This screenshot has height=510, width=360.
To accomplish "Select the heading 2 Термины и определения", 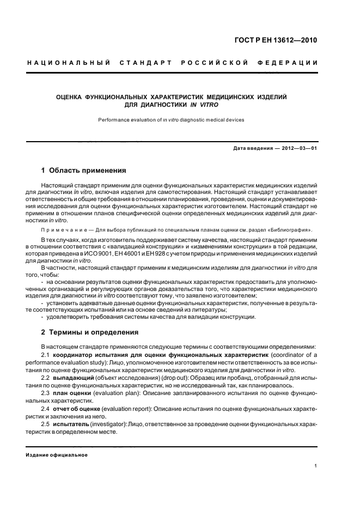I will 90,332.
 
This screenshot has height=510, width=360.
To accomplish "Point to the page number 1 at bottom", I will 316,466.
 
